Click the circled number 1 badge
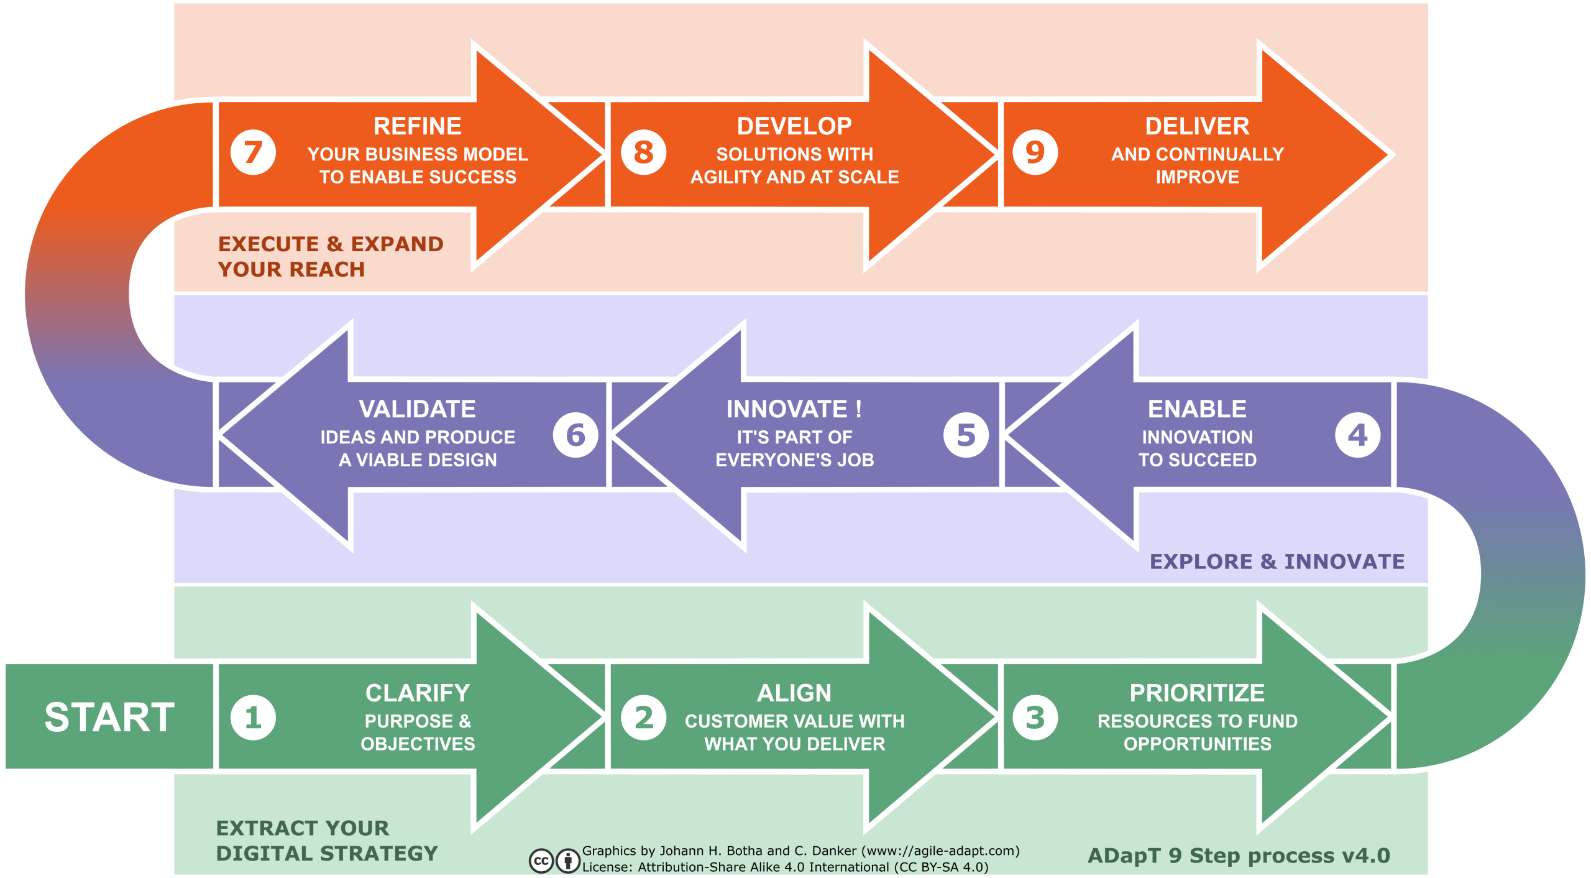(x=253, y=718)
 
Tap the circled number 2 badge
(x=644, y=718)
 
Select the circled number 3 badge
(x=1035, y=718)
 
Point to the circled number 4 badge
(x=1358, y=435)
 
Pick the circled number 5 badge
(x=966, y=435)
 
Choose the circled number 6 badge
(x=576, y=435)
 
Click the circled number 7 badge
(x=253, y=152)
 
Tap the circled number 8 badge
(x=644, y=152)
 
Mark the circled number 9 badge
(x=1035, y=152)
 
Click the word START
(x=109, y=718)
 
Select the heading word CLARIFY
(x=418, y=693)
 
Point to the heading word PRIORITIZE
(x=1198, y=693)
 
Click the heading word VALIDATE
(x=418, y=409)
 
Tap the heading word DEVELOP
(x=794, y=126)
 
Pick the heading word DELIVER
(x=1198, y=126)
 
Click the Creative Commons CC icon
(x=541, y=861)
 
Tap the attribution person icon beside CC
(x=568, y=861)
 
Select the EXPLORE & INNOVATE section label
(x=1277, y=561)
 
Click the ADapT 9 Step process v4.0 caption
(x=1239, y=856)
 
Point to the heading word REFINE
(x=418, y=126)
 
